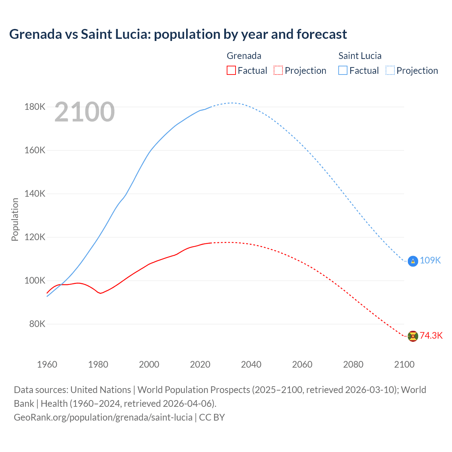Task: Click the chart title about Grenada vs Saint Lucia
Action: pos(178,34)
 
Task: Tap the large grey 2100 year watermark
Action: pos(85,112)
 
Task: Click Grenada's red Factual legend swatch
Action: pos(231,70)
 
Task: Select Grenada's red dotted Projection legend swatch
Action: pos(278,70)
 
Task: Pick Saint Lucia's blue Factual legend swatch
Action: pos(343,70)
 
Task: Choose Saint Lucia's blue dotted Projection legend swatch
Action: pos(390,70)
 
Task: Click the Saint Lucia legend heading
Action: pos(360,56)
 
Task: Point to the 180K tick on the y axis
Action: pos(35,107)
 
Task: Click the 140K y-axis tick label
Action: pos(35,194)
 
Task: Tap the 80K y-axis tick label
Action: pos(37,324)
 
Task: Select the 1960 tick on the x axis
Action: pos(47,364)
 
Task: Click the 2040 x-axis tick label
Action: pos(251,364)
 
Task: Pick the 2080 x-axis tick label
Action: pos(353,364)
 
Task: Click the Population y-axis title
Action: pos(15,219)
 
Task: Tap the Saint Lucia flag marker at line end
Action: pos(413,261)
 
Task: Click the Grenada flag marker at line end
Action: pos(413,336)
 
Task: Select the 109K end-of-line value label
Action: pos(430,261)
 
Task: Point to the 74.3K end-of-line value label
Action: pos(431,336)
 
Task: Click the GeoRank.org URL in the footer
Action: pos(103,417)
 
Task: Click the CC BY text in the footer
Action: pos(212,417)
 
